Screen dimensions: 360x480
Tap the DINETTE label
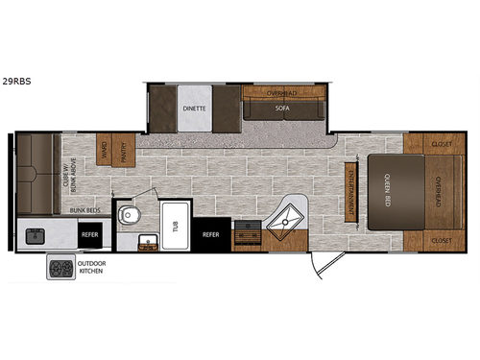click(194, 108)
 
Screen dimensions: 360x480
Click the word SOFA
click(282, 109)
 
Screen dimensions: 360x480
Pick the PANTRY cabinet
click(122, 152)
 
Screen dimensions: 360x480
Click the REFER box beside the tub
click(210, 233)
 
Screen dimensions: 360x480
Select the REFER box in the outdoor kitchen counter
click(88, 233)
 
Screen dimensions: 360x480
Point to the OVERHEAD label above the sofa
click(282, 93)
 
